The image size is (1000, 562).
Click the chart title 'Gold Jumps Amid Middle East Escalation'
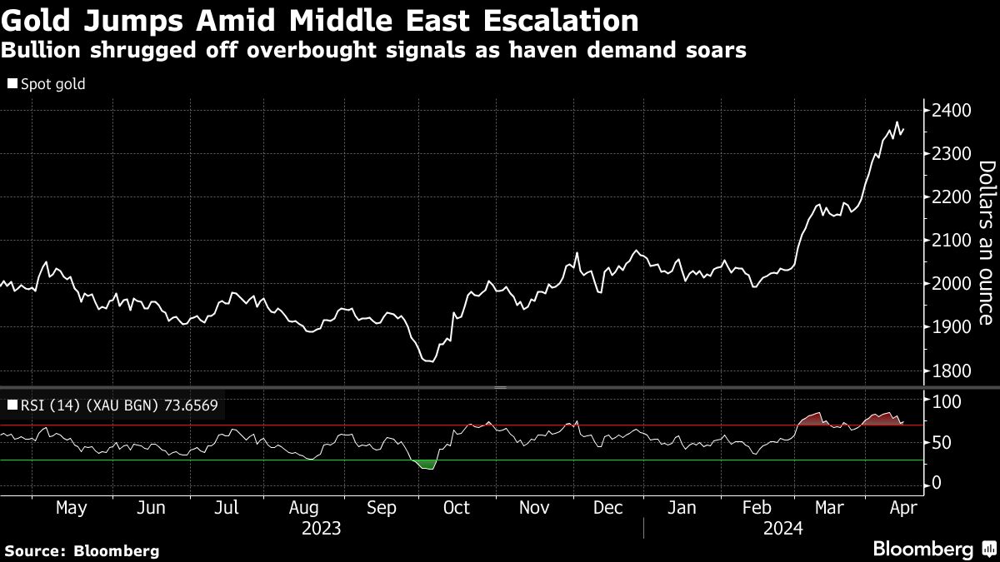320,20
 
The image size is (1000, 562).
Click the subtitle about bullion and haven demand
372,50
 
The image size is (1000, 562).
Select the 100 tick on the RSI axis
945,402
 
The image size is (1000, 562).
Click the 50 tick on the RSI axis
941,443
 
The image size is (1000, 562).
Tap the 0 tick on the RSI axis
936,484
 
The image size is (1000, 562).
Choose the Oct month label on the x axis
457,508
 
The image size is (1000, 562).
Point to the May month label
70,508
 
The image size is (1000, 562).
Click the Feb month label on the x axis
757,508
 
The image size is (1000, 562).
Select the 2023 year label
322,528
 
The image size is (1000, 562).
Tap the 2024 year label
783,528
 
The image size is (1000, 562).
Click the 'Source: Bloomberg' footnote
81,550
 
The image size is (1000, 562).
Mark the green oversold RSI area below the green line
426,464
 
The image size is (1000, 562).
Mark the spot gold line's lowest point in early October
430,361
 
